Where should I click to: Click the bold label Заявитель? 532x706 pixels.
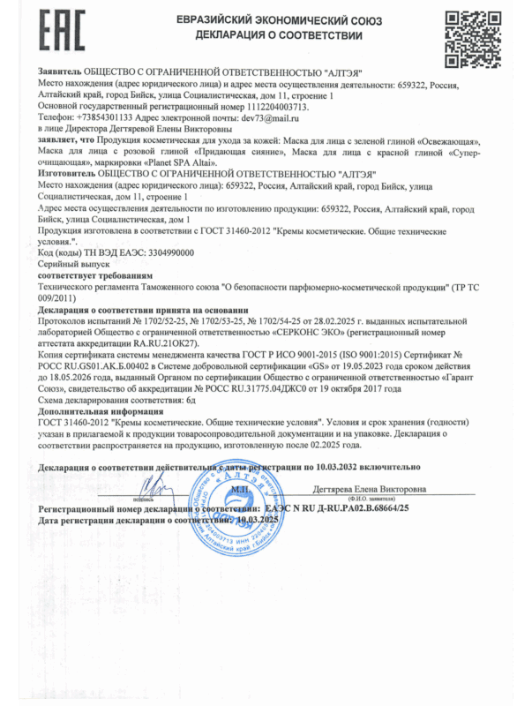(x=59, y=69)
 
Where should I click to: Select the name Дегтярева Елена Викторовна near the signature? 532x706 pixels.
(x=370, y=489)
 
